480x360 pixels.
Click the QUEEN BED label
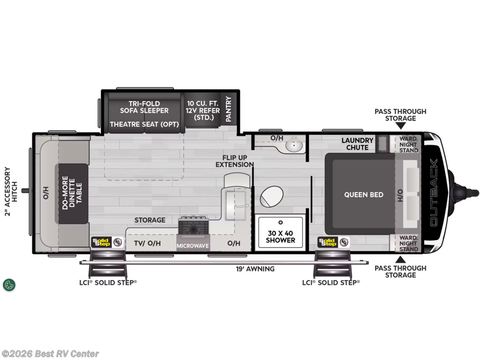tap(364, 194)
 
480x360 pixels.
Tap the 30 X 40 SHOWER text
tap(280, 236)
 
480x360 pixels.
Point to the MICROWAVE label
tap(193, 245)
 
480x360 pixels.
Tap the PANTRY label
tap(229, 109)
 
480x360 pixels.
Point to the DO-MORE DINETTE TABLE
tap(73, 194)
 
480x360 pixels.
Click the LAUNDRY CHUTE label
tap(358, 144)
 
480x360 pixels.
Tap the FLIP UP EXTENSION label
tap(235, 160)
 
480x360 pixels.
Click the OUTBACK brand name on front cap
tap(434, 192)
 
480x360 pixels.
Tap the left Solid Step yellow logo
tap(101, 242)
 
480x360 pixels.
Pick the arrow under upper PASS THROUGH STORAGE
tap(400, 126)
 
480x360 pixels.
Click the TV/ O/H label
tap(147, 244)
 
